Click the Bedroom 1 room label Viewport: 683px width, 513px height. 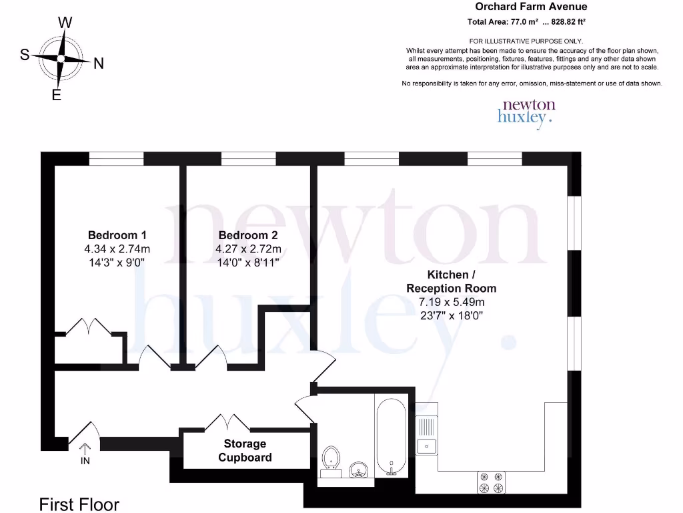coord(117,235)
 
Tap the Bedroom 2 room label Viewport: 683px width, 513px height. coord(248,235)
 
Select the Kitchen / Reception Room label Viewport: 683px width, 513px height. coord(452,281)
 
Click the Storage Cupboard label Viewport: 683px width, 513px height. coord(245,451)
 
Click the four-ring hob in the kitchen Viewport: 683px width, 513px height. coord(490,482)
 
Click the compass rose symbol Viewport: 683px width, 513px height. coord(61,59)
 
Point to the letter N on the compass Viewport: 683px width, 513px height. coord(98,63)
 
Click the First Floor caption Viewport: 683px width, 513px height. coord(79,504)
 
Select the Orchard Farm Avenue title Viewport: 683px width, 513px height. coord(531,7)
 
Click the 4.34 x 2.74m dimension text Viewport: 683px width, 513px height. coord(117,249)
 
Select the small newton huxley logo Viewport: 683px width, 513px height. coord(526,112)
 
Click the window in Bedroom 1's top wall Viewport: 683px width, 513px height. coord(117,158)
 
